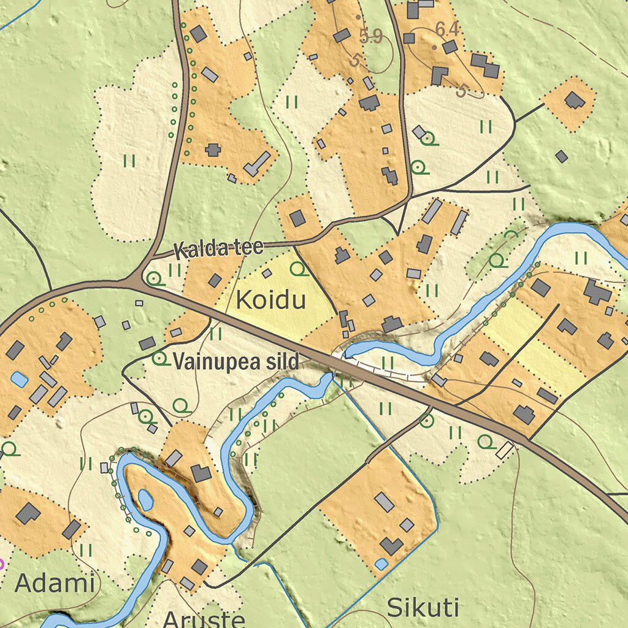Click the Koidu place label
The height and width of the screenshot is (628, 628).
[270, 301]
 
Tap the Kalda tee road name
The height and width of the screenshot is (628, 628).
[218, 248]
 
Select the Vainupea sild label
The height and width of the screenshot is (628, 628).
[236, 362]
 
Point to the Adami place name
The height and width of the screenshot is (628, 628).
[55, 583]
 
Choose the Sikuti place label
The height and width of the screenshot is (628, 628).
[423, 608]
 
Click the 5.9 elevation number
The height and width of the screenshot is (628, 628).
[371, 37]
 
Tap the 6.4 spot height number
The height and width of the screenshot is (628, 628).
[447, 29]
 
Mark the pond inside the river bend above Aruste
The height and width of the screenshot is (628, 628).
[145, 499]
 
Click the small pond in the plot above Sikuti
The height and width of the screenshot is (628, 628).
[381, 564]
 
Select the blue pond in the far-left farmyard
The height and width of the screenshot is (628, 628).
[19, 380]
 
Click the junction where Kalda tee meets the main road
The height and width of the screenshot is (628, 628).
[134, 281]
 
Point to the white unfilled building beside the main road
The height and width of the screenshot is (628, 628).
[504, 450]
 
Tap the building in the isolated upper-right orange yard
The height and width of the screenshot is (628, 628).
[575, 100]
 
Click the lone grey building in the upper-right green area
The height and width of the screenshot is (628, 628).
[561, 156]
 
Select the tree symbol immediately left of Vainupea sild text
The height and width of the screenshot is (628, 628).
[161, 359]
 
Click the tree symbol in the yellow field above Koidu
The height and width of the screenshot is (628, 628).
[299, 269]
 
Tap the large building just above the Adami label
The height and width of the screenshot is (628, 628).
[28, 513]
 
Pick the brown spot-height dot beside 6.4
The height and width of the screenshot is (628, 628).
[434, 47]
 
